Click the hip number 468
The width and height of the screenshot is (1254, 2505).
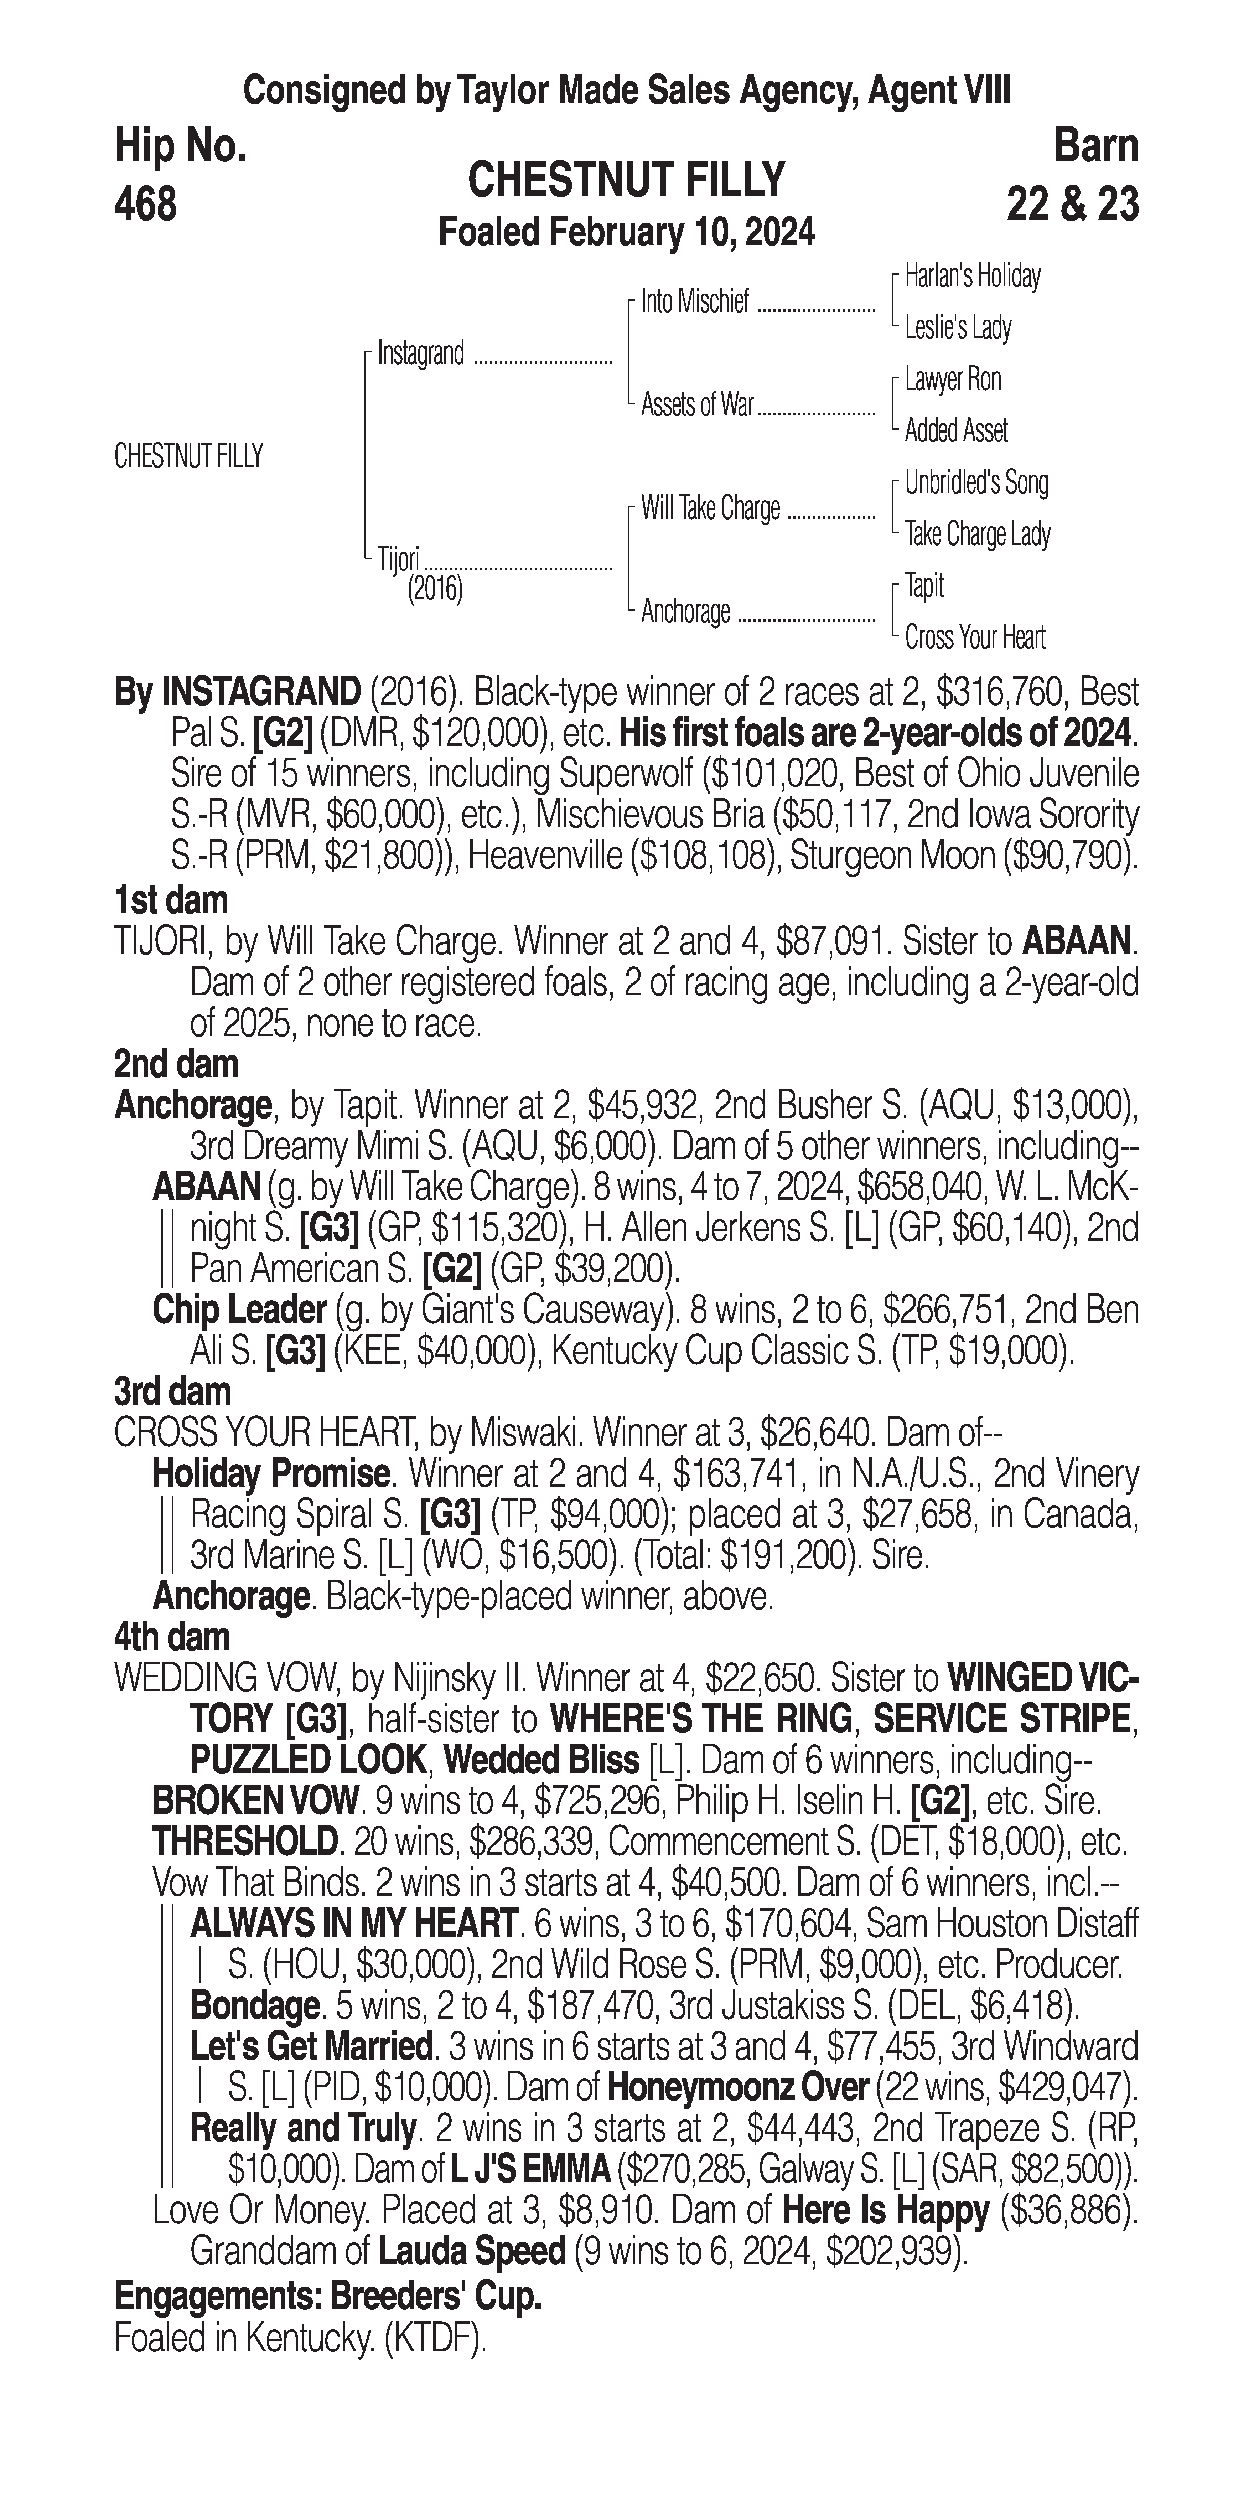[146, 204]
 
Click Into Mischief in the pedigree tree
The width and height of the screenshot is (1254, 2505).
[695, 303]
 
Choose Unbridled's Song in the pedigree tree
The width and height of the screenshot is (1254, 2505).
[976, 482]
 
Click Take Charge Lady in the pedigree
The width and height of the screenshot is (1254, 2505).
[977, 534]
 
